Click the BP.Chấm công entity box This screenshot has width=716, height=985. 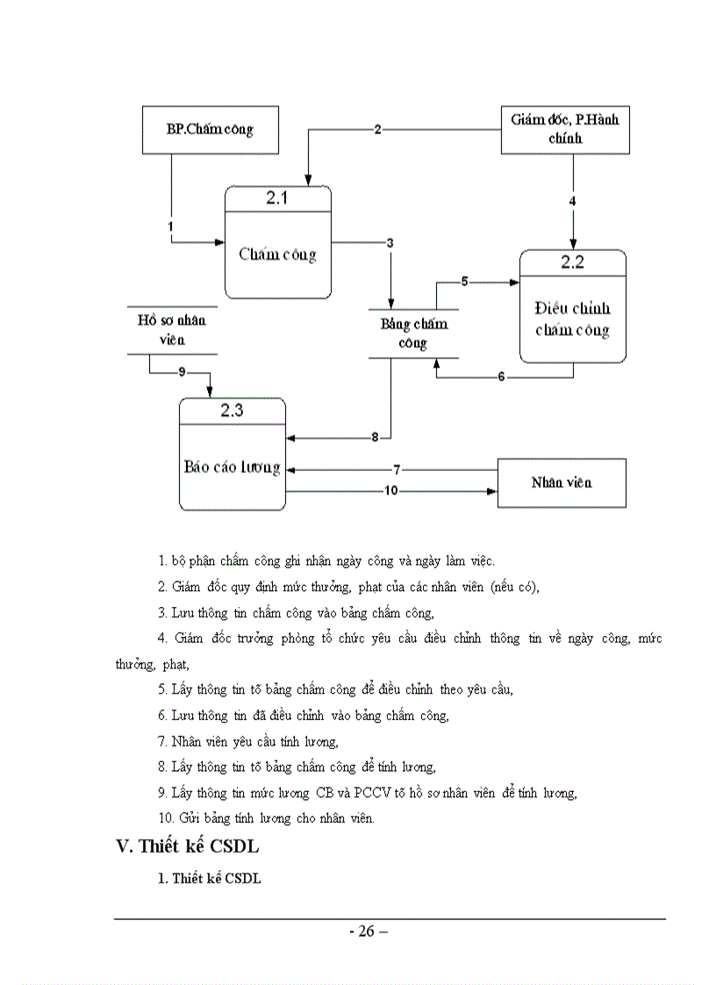click(210, 130)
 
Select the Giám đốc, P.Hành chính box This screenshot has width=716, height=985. click(564, 128)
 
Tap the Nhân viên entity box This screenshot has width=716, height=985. click(562, 482)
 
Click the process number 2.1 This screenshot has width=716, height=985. click(277, 198)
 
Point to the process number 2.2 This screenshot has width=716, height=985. click(573, 261)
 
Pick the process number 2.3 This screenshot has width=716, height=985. click(232, 410)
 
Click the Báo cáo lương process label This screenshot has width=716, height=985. click(232, 467)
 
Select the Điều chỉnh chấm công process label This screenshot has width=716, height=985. click(573, 319)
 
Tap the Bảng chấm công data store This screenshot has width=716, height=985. click(413, 333)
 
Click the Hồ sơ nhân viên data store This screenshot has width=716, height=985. click(172, 330)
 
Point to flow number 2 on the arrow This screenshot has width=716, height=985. click(377, 130)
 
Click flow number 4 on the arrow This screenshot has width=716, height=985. click(573, 201)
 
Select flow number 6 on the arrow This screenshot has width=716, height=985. click(501, 377)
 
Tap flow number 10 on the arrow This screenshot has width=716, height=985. click(390, 491)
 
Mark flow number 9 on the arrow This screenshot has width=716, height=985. click(182, 372)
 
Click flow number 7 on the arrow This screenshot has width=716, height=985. click(397, 470)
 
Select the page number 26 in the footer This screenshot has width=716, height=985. click(369, 931)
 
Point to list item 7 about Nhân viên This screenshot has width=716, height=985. click(248, 742)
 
